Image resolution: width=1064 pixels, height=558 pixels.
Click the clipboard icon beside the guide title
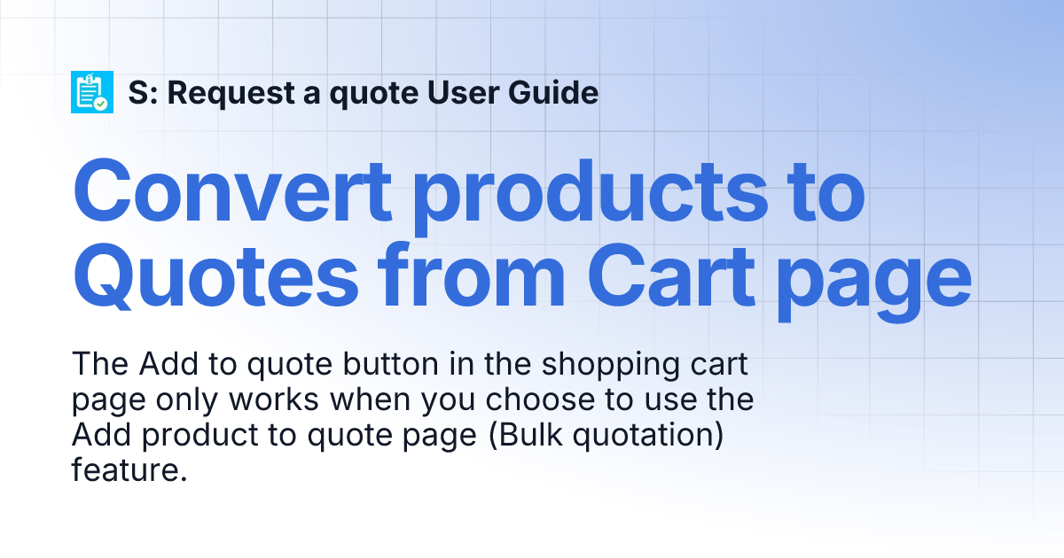click(93, 92)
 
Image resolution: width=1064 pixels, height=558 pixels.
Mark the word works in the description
click(275, 399)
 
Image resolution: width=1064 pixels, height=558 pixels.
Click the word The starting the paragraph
click(94, 364)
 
